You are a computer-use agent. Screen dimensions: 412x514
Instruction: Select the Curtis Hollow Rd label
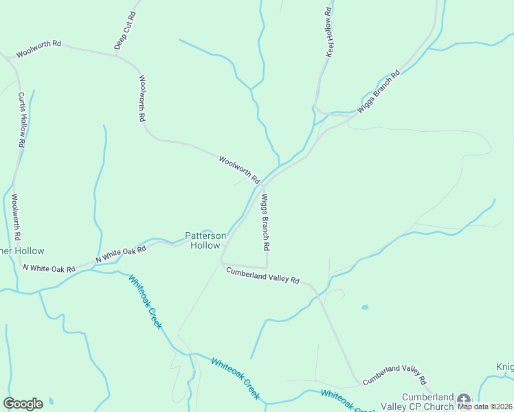pos(22,121)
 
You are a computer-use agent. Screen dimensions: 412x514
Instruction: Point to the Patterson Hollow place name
pos(205,240)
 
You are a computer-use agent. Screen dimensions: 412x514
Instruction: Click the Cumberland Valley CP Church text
pos(427,402)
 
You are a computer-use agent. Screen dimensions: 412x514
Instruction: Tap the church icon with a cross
pos(464,400)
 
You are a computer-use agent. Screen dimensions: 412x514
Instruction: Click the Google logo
pos(23,404)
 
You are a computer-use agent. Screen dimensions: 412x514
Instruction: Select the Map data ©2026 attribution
pos(484,407)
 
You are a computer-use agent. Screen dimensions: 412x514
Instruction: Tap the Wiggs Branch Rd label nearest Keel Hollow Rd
pos(378,92)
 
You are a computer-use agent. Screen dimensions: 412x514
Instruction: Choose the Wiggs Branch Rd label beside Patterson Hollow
pos(265,221)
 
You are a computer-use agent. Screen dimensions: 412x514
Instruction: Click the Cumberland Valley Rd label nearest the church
pos(394,376)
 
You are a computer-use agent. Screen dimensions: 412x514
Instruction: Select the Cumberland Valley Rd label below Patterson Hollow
pos(263,275)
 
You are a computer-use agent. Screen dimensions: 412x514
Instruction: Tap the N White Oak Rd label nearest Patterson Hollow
pos(121,254)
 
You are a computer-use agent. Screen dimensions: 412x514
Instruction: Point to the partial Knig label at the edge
pos(504,367)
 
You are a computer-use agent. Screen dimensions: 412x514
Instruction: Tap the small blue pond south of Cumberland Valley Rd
pos(364,307)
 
